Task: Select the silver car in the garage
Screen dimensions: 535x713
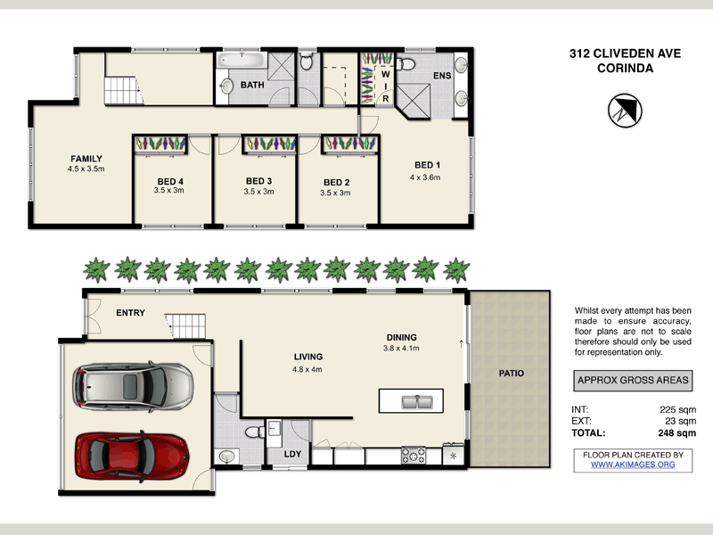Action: [132, 384]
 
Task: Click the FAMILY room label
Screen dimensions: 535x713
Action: [86, 159]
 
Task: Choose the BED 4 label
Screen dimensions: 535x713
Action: [168, 181]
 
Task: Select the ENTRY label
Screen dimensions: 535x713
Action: [130, 313]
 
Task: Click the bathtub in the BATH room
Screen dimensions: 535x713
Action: [241, 62]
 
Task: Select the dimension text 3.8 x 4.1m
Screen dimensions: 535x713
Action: [402, 349]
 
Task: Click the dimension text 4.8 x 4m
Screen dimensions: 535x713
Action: [308, 368]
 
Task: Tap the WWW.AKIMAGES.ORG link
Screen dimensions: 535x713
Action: [633, 465]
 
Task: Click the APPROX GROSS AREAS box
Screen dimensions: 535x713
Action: [633, 380]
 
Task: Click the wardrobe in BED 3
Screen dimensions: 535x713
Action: [270, 144]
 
